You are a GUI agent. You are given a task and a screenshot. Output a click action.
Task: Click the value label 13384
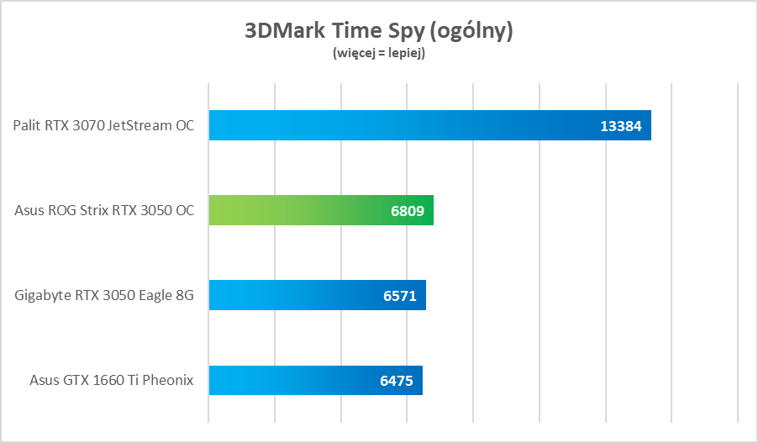pyautogui.click(x=621, y=126)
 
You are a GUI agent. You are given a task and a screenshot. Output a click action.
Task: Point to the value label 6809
pyautogui.click(x=408, y=210)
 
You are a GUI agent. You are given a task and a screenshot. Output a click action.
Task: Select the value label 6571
pyautogui.click(x=400, y=295)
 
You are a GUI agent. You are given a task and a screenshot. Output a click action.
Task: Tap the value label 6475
pyautogui.click(x=397, y=380)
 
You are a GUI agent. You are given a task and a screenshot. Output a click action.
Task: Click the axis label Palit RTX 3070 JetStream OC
pyautogui.click(x=103, y=126)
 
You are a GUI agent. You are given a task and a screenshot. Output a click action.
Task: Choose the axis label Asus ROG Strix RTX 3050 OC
pyautogui.click(x=104, y=210)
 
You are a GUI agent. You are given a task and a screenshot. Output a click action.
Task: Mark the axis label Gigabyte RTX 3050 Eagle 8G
pyautogui.click(x=104, y=295)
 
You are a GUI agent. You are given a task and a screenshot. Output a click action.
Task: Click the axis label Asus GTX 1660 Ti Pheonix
pyautogui.click(x=111, y=380)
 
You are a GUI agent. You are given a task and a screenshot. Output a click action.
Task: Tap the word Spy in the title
pyautogui.click(x=401, y=32)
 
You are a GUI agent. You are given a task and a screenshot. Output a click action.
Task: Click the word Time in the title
pyautogui.click(x=355, y=32)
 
